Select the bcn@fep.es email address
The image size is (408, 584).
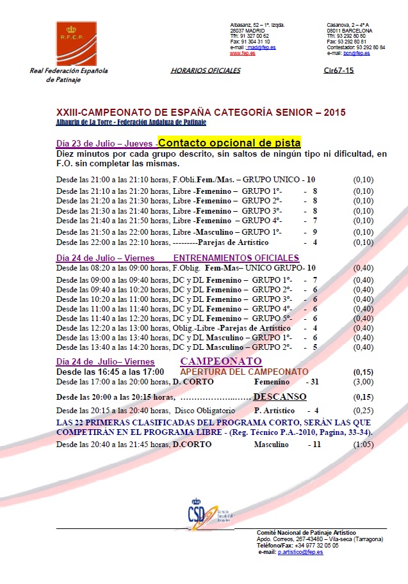point(357,53)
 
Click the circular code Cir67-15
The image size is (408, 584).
point(339,71)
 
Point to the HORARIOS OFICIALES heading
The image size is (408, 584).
point(206,71)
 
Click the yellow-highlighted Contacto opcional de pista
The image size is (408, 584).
point(229,143)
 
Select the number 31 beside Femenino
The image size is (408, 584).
point(314,382)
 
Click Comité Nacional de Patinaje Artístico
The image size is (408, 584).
point(306,533)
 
